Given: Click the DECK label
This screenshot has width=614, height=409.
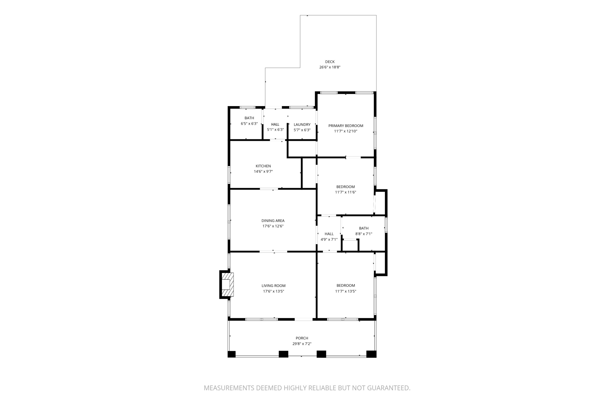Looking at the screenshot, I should point(329,62).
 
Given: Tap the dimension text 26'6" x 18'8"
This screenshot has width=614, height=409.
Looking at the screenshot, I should point(329,67).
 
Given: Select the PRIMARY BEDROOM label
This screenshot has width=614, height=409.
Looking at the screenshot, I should point(346,126).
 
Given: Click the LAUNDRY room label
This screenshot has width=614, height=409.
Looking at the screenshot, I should point(302,125).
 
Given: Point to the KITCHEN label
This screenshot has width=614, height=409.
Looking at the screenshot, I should point(263,166).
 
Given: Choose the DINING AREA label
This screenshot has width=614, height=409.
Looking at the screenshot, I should point(273,221).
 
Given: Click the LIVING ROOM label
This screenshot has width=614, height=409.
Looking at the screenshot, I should point(273,286).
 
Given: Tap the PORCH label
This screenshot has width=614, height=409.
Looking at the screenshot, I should point(302,338).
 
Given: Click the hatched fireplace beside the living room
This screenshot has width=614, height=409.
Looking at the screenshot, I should point(227,284).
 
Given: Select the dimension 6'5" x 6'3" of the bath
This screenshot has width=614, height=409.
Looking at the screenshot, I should point(249,124).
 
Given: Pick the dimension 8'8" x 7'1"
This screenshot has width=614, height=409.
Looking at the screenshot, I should point(364,234).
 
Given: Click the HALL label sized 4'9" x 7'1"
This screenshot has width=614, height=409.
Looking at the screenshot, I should point(329,234).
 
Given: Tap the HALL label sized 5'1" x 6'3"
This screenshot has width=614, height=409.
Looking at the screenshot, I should point(275,125).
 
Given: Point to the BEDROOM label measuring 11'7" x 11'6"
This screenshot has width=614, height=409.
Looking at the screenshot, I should point(345,187).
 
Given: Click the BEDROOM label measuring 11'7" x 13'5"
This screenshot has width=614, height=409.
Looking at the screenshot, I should point(346,286).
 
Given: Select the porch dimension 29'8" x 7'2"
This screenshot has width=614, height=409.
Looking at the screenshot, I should point(302,344).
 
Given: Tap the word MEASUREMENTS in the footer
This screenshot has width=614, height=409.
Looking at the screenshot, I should point(229,388).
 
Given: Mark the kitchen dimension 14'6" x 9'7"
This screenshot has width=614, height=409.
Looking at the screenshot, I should point(263,172).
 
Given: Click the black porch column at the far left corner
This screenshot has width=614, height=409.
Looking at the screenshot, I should point(231,354).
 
